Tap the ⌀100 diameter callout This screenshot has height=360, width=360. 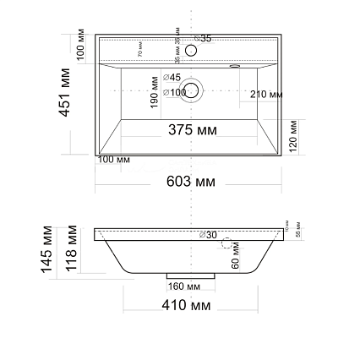pyautogui.click(x=169, y=90)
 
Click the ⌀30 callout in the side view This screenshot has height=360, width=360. pyautogui.click(x=211, y=234)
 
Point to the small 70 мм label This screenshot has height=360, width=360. pyautogui.click(x=139, y=52)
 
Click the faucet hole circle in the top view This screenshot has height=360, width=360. pyautogui.click(x=190, y=51)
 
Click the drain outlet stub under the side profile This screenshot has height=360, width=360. pyautogui.click(x=183, y=276)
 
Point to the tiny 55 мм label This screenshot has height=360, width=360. pyautogui.click(x=297, y=233)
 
